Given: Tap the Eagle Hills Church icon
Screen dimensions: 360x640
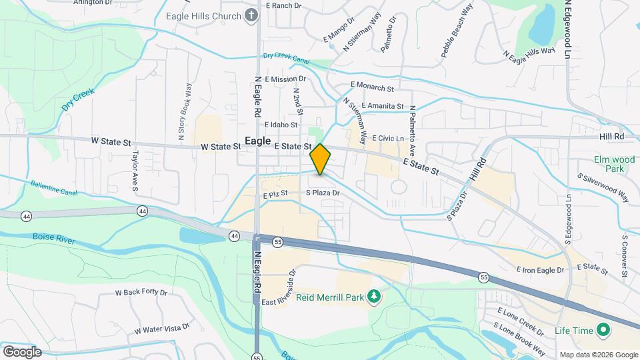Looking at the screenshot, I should pos(251,14).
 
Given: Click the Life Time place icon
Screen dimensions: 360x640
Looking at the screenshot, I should pos(603,330).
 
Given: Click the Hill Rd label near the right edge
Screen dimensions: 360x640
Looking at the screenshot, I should pos(611,136).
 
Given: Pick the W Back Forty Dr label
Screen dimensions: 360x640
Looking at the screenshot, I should pos(141,292).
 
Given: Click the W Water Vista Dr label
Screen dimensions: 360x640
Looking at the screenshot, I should pos(161,329).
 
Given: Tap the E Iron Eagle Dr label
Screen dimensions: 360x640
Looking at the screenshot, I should pos(540,270).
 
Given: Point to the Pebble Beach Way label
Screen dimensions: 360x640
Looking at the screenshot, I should pos(457,31).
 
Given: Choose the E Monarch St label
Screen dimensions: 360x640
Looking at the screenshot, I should pos(373,87).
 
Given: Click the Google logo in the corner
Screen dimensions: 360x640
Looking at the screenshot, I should pos(22,351).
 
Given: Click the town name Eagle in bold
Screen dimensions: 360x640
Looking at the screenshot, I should pos(258,141).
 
